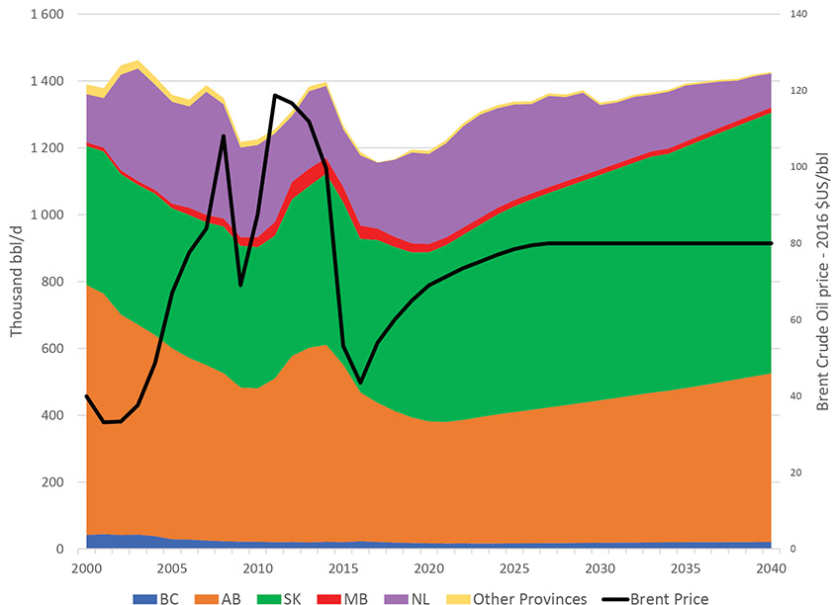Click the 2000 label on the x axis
point(87,568)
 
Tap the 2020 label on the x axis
point(428,568)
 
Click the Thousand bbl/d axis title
point(17,283)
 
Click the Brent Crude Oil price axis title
point(822,283)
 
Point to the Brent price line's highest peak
point(275,95)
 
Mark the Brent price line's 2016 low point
point(361,382)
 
